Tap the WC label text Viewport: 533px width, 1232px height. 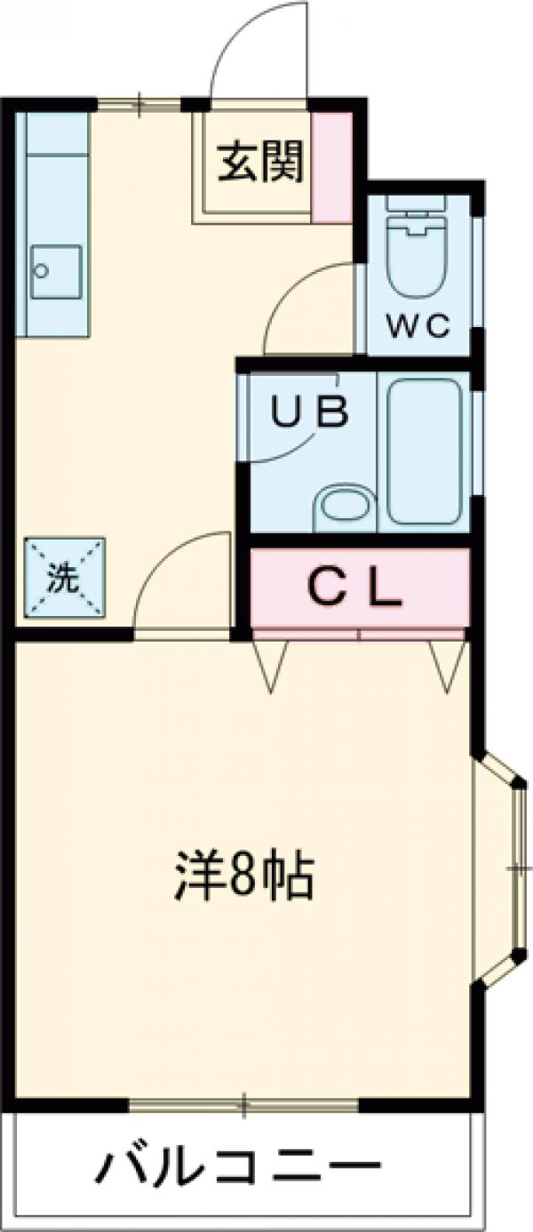coord(418,327)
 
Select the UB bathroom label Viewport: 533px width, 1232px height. coord(309,413)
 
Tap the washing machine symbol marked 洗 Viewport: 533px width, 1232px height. coord(64,579)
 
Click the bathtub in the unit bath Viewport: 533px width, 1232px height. coord(425,452)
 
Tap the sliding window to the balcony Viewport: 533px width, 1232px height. coord(243,1106)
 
